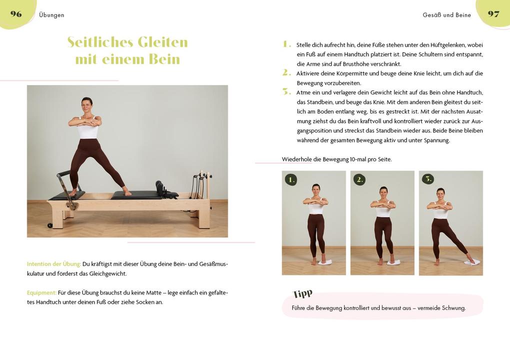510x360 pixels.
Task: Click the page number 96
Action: point(16,14)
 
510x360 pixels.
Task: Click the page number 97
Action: point(493,14)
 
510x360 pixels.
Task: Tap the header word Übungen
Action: point(51,15)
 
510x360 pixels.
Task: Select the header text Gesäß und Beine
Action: point(446,15)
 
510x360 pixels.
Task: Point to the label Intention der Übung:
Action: point(54,263)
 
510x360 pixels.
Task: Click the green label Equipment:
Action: point(41,292)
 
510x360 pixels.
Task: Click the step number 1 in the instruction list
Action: point(286,44)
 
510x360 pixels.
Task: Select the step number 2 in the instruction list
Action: point(286,72)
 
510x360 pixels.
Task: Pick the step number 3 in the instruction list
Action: point(286,91)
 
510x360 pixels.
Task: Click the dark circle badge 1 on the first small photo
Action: point(291,179)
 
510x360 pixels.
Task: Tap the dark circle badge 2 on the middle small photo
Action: point(359,179)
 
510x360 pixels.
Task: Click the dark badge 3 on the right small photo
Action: point(427,179)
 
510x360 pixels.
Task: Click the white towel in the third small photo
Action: point(472,261)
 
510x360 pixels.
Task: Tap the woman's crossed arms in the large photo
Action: point(85,120)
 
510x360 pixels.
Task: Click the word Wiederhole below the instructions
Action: point(297,159)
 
